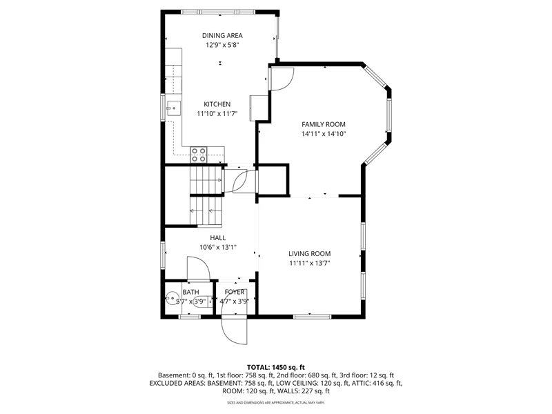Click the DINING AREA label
point(222,35)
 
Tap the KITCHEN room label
point(217,104)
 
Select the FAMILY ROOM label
point(324,124)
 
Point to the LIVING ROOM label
point(309,253)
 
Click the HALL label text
point(218,238)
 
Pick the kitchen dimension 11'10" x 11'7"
point(217,114)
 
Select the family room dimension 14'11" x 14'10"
point(324,134)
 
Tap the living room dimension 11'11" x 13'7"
point(309,263)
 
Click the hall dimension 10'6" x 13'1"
point(218,247)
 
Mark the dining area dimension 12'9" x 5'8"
point(222,45)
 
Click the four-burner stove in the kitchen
point(199,155)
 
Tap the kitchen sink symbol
point(173,108)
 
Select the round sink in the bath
point(172,298)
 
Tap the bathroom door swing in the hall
point(198,268)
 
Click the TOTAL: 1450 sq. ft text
point(275,368)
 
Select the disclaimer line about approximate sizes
point(275,402)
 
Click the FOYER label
point(235,292)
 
